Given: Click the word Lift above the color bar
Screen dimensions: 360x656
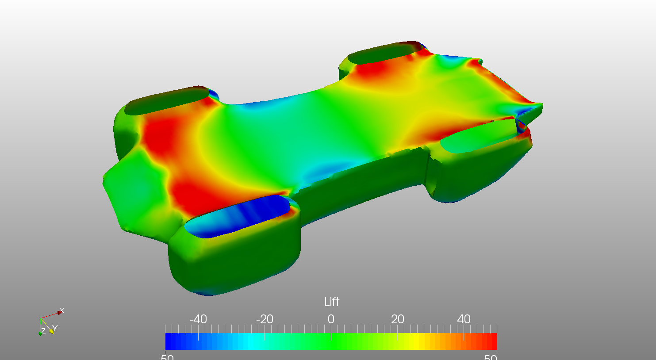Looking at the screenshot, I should pos(331,302).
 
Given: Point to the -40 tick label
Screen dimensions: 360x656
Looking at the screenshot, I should pos(198,319).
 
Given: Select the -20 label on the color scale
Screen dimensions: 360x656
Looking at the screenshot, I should pos(265,319).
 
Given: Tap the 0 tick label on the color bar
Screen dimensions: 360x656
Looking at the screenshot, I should pos(331,319).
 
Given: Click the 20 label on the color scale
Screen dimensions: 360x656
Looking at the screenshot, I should pos(397,319).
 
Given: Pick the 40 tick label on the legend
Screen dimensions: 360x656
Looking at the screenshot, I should pos(464,319).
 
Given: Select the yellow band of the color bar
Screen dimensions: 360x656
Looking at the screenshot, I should pos(414,341).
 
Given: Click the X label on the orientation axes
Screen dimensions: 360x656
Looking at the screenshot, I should pos(61,311).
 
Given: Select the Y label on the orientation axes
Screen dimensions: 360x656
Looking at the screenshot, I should pos(55,329).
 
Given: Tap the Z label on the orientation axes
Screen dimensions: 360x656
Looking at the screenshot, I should pos(43,331).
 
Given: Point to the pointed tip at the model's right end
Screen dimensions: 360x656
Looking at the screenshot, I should pos(541,106).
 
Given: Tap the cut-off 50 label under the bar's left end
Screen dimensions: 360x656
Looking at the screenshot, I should pos(167,357).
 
